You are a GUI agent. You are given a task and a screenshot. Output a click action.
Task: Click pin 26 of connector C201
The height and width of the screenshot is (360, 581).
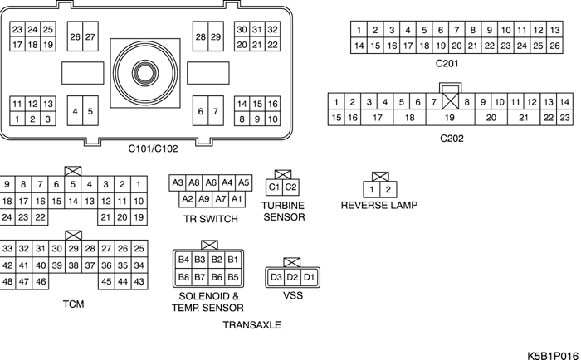[554, 46]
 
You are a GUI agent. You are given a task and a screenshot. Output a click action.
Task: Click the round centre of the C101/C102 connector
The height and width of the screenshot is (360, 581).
[148, 71]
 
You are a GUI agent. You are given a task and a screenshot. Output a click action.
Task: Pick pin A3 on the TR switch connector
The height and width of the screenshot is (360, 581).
[177, 182]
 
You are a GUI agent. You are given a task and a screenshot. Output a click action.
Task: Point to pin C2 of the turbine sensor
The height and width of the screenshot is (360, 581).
[290, 187]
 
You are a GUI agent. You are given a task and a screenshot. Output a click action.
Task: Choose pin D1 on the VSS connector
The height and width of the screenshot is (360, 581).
[308, 275]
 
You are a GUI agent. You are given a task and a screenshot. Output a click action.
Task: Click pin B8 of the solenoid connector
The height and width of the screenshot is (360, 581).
[184, 276]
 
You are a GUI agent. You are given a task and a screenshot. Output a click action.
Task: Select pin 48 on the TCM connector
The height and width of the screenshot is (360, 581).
[7, 282]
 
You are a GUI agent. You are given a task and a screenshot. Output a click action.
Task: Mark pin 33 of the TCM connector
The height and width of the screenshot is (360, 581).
[7, 248]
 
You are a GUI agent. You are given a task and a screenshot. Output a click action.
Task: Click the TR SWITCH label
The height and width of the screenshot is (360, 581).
[211, 220]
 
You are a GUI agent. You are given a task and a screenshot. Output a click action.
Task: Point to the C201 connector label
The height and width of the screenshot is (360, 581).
[447, 63]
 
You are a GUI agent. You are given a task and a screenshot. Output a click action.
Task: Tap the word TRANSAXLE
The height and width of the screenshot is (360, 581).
[252, 325]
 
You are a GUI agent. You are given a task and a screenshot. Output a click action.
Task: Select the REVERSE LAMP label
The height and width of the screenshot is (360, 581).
[379, 205]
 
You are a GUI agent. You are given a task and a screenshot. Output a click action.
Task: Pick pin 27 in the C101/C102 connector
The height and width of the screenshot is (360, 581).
[90, 37]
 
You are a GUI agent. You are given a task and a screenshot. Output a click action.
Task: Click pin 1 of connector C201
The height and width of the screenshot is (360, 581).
[359, 30]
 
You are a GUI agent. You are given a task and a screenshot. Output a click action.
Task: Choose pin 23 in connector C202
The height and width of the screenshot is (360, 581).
[564, 118]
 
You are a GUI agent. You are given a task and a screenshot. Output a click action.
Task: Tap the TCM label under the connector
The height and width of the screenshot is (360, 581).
[73, 304]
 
